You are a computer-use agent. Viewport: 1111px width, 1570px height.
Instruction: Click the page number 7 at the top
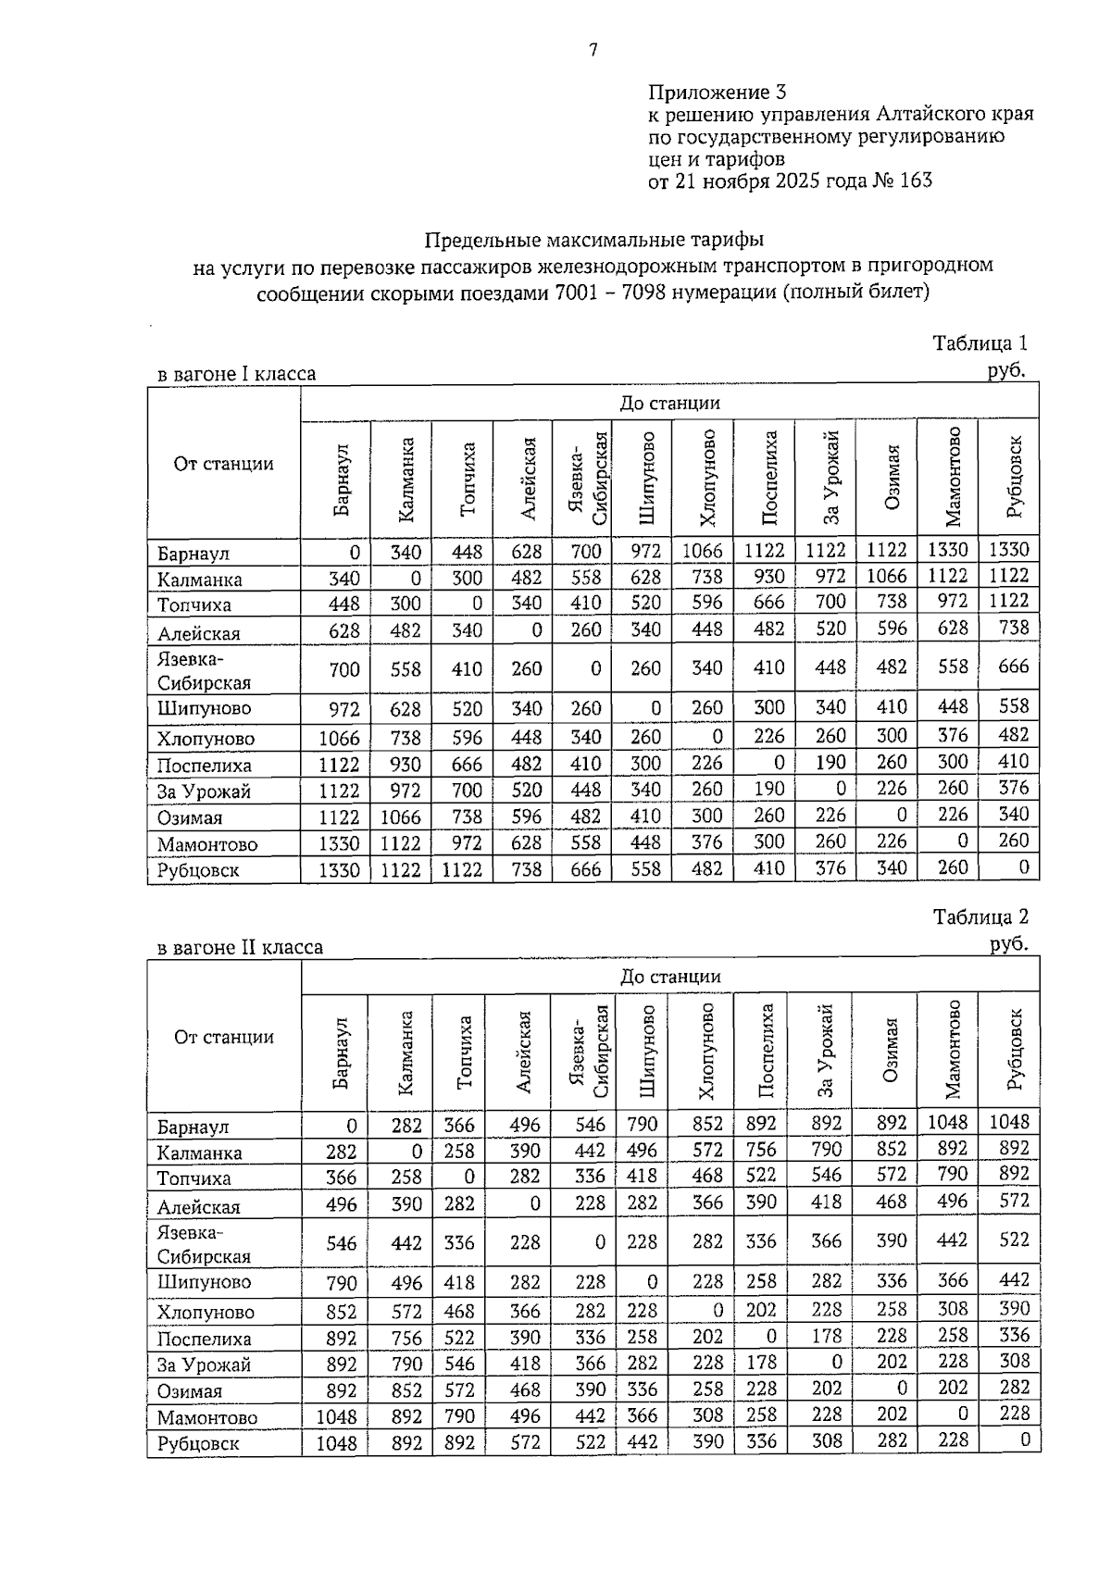(593, 51)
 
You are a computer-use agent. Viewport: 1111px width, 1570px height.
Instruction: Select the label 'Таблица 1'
(980, 343)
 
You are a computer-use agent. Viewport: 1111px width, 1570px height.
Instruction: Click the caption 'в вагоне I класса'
(237, 374)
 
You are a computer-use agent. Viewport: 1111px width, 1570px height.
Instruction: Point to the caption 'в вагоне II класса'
(241, 947)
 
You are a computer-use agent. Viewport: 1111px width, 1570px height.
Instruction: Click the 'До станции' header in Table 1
(669, 403)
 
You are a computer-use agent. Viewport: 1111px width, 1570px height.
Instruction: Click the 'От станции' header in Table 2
(224, 1037)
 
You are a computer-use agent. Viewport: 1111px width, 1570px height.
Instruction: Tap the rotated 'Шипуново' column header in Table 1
(646, 478)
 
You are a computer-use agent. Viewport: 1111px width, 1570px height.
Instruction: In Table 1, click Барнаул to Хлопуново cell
(702, 552)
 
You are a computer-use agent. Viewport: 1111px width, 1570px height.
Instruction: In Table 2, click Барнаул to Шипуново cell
(642, 1124)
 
